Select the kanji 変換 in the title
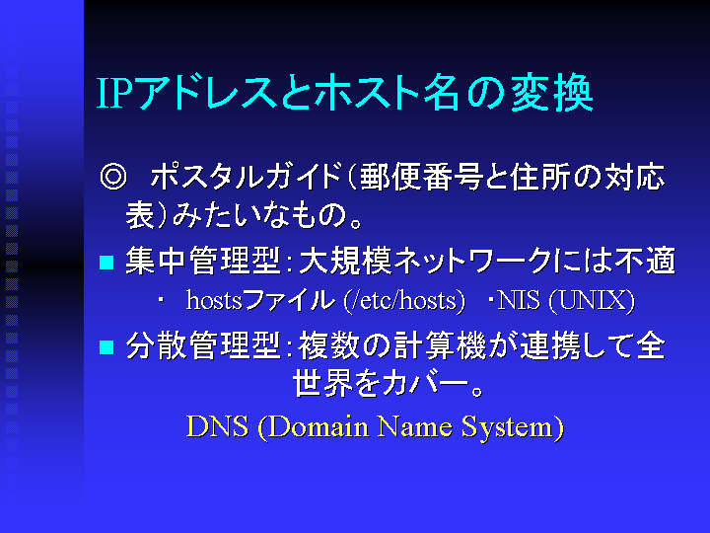click(552, 93)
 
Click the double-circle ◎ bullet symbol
click(113, 177)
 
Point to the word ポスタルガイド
click(245, 177)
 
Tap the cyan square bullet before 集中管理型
click(106, 263)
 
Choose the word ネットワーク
click(472, 261)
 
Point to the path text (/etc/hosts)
click(404, 300)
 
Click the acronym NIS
click(519, 300)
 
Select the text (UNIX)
click(592, 300)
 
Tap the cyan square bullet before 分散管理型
click(106, 347)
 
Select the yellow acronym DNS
click(217, 426)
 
